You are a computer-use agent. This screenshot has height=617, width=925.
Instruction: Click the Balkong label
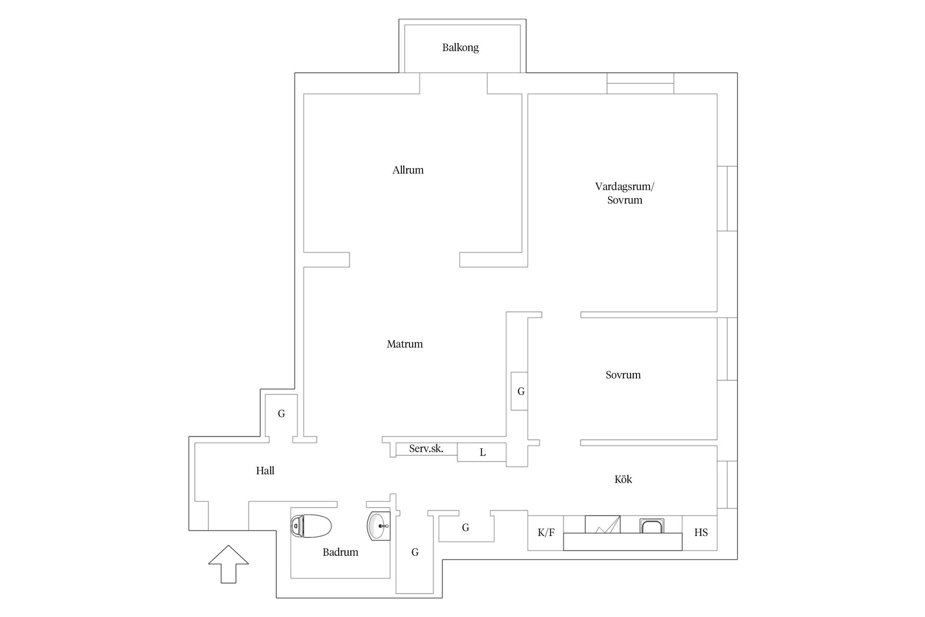pyautogui.click(x=460, y=48)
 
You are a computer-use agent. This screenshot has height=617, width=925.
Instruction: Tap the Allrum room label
pyautogui.click(x=408, y=170)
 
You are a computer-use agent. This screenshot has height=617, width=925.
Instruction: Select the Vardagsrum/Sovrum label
pyautogui.click(x=625, y=193)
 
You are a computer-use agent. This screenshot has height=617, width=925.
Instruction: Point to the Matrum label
pyautogui.click(x=405, y=344)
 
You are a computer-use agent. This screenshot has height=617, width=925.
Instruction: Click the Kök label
pyautogui.click(x=623, y=479)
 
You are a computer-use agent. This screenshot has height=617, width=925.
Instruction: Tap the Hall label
pyautogui.click(x=265, y=470)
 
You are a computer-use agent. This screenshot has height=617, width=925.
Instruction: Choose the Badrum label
pyautogui.click(x=340, y=552)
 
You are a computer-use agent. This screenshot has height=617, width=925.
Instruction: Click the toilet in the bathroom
pyautogui.click(x=311, y=526)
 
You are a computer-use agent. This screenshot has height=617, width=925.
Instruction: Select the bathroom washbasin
pyautogui.click(x=379, y=526)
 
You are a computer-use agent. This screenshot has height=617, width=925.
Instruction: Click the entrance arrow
pyautogui.click(x=228, y=564)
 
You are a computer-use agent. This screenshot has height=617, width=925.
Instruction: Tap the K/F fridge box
pyautogui.click(x=546, y=533)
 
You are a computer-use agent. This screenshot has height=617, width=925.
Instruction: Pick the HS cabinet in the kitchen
pyautogui.click(x=700, y=533)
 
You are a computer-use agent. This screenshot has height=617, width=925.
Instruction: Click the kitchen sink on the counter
pyautogui.click(x=652, y=526)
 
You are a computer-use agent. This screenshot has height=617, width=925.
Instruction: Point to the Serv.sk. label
pyautogui.click(x=426, y=449)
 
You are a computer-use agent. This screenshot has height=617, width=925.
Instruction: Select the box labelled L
pyautogui.click(x=482, y=452)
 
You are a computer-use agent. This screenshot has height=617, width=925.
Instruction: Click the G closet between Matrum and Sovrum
pyautogui.click(x=519, y=391)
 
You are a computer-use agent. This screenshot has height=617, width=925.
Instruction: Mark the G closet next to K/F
pyautogui.click(x=465, y=528)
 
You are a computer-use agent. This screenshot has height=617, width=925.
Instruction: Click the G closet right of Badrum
pyautogui.click(x=415, y=552)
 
